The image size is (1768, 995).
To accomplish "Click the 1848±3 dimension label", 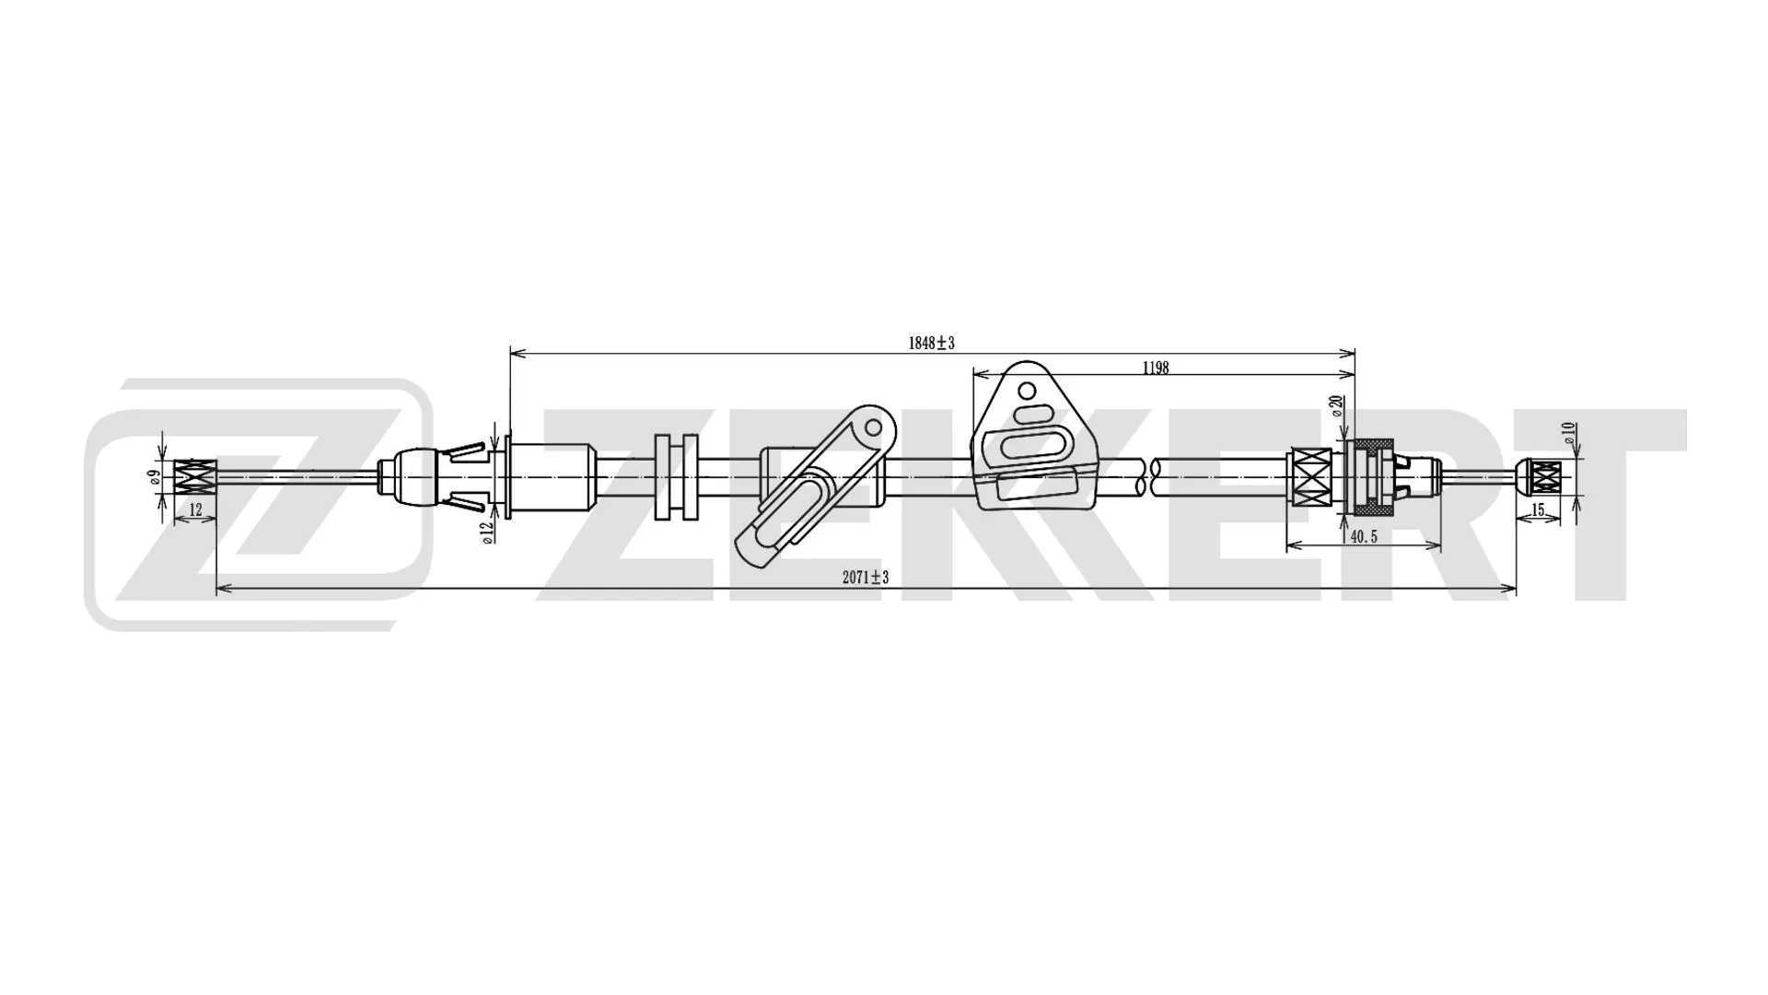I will [931, 344].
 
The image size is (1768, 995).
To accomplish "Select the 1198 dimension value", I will [1155, 368].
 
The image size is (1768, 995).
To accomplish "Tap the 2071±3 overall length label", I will [865, 578].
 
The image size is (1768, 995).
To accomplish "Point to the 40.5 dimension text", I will [1362, 536].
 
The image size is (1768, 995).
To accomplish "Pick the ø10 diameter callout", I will [1569, 432].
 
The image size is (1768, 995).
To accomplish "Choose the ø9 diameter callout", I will [156, 476].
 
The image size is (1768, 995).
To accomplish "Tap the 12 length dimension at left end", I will [195, 509].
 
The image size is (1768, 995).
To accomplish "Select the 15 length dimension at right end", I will [1537, 509].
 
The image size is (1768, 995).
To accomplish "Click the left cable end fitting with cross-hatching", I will [195, 476].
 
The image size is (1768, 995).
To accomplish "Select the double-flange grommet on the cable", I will [677, 477].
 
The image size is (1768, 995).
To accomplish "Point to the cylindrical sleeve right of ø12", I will [550, 477].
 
